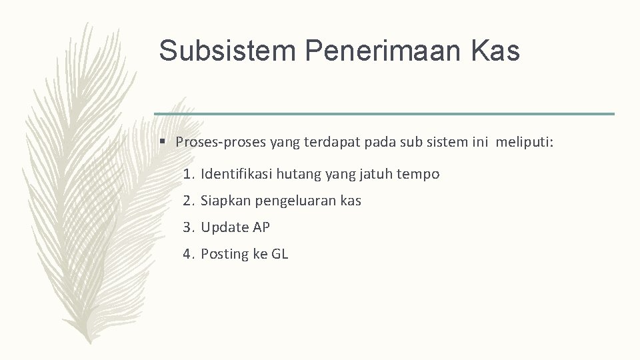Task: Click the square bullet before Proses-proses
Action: click(162, 141)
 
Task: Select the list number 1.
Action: click(189, 175)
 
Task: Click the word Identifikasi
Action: click(237, 175)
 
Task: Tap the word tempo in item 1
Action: click(419, 175)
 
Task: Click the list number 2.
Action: click(189, 201)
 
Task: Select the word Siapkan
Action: click(225, 201)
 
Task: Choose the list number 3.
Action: click(189, 227)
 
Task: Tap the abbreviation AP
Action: click(261, 227)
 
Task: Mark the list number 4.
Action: click(189, 254)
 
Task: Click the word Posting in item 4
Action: click(225, 254)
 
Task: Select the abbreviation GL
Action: click(280, 254)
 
